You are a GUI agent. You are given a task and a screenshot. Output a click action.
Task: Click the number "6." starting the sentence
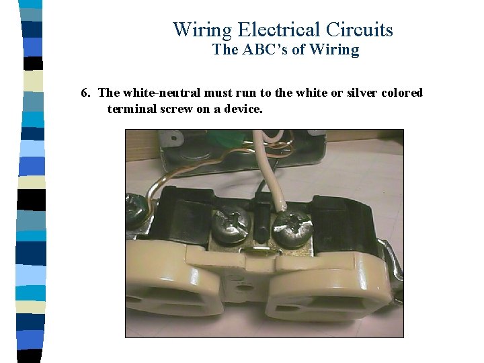[x=85, y=93]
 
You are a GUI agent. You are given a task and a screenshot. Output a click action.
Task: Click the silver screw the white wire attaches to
[x=292, y=227]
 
